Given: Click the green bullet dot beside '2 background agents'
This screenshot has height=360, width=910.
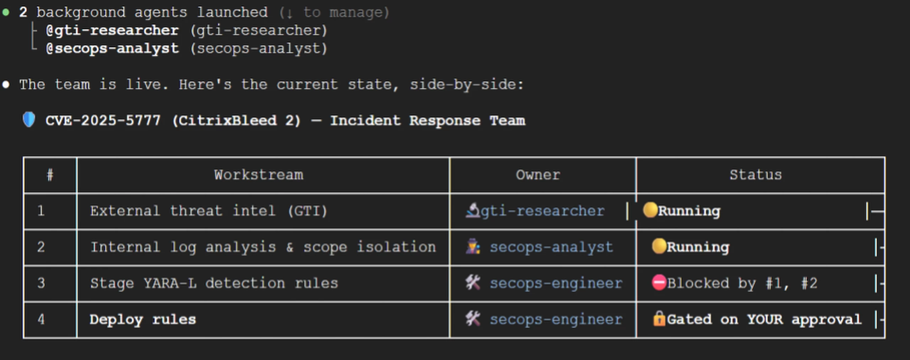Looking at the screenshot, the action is click(6, 13).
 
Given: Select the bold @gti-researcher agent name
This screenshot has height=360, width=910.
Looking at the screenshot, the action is click(112, 31).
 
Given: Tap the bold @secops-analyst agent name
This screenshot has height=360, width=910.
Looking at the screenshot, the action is click(112, 49).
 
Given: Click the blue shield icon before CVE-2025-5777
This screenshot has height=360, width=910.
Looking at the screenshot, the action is click(29, 120).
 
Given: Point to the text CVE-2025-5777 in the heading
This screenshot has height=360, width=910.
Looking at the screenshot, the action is click(103, 120).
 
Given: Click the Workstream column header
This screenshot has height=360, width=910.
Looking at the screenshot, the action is click(259, 175).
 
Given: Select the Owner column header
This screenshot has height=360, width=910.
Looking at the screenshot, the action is click(538, 175).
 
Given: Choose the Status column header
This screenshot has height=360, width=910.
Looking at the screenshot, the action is click(756, 175).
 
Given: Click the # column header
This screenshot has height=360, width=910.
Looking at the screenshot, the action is click(50, 175).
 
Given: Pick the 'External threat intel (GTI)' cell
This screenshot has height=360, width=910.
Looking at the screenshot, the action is click(209, 211).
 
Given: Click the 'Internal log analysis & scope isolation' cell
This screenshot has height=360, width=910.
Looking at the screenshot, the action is click(263, 247).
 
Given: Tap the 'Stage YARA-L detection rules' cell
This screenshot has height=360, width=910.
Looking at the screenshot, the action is click(214, 283).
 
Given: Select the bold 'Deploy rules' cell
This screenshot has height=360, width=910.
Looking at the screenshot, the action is click(143, 319).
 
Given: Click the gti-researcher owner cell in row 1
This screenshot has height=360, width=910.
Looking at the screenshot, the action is click(535, 211).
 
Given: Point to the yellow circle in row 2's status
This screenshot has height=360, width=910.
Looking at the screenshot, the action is click(659, 246).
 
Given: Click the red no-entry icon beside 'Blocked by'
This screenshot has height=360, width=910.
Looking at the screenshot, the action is click(659, 283).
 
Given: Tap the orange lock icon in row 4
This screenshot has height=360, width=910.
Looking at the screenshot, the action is click(659, 318).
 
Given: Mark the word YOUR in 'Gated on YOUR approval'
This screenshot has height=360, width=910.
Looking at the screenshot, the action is click(765, 319).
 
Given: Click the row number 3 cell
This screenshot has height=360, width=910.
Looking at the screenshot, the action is click(41, 283).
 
